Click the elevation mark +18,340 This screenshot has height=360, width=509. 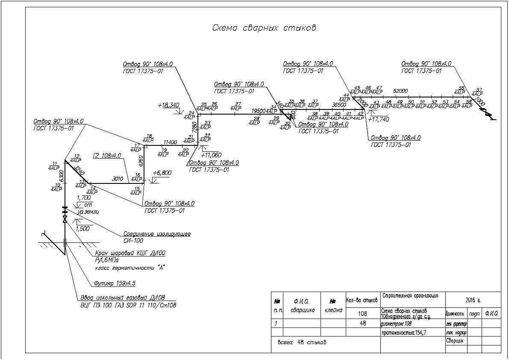(168, 105)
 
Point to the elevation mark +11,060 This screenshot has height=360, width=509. (211, 155)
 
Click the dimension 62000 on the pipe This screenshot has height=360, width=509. (400, 91)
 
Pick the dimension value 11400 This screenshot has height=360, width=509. (171, 142)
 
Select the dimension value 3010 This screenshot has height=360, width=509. (118, 179)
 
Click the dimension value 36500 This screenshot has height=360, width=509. (339, 105)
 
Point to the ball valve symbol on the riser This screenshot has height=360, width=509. (65, 219)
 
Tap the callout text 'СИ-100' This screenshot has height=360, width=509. (133, 241)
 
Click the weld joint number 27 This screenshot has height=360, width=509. (238, 104)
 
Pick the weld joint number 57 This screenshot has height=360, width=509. (479, 89)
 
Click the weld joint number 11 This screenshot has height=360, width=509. (54, 164)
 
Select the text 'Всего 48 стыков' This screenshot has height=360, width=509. (302, 342)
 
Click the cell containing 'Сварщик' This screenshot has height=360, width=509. (455, 341)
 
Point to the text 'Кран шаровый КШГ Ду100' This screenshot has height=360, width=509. (130, 253)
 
